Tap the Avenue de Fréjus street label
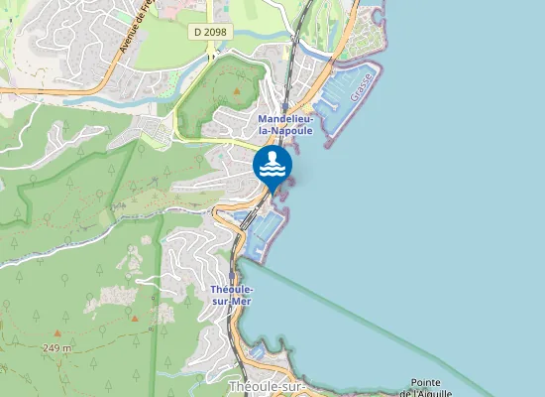[x=132, y=27]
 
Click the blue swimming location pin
[x=272, y=167]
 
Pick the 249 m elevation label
[x=57, y=348]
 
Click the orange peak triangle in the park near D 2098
[x=238, y=91]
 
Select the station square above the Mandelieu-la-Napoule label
[x=284, y=106]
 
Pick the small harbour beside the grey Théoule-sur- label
[x=256, y=352]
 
